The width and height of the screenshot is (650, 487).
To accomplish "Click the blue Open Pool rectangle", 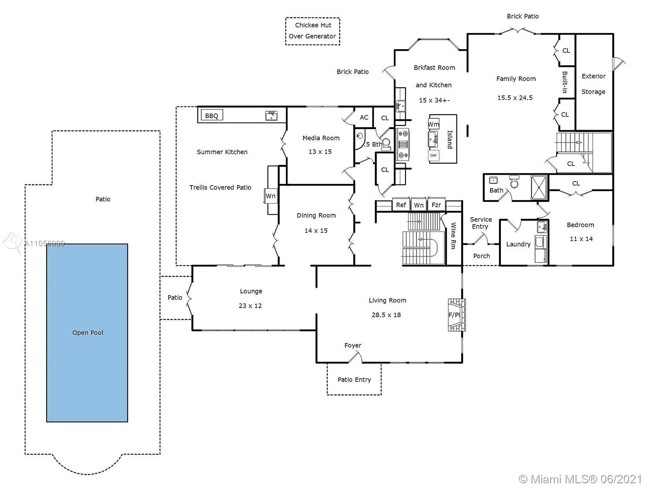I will (87, 333).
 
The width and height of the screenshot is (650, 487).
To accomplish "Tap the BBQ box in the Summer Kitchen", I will (212, 116).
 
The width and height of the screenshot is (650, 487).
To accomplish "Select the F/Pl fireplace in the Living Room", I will (454, 315).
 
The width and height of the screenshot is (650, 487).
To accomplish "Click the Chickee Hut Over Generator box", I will (312, 31).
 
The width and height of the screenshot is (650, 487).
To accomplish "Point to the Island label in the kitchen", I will (450, 139).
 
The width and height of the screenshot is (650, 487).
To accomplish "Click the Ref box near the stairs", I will (401, 205).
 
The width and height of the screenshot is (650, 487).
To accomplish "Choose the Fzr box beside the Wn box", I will (436, 205).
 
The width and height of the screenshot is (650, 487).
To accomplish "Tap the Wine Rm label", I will (453, 236).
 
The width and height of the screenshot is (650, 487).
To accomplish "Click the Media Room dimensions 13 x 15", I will (320, 151).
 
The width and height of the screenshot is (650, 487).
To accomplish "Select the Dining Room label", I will (316, 215).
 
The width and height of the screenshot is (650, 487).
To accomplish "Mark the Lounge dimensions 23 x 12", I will (250, 306).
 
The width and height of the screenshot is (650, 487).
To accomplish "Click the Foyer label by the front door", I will (353, 345).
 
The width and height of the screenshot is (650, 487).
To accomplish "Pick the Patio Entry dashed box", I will (354, 379).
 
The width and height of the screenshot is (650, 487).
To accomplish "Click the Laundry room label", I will (518, 244).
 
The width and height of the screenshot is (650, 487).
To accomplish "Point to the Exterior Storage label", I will (594, 84).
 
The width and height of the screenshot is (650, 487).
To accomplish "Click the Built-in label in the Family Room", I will (565, 82).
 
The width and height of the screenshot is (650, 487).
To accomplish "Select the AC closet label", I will (364, 117).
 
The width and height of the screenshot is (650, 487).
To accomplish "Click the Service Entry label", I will (481, 223).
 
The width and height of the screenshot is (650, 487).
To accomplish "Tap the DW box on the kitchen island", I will (433, 155).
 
